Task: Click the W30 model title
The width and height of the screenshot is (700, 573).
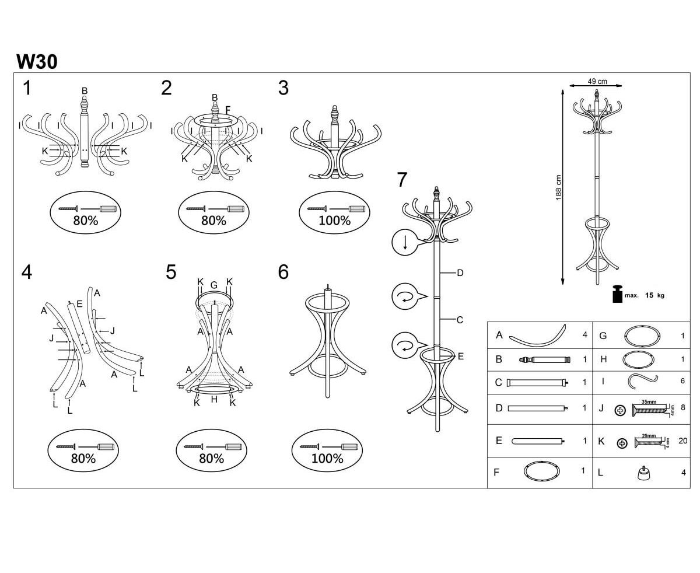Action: tap(37, 61)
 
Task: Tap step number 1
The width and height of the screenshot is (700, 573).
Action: tap(27, 88)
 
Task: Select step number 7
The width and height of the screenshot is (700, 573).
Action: tap(401, 180)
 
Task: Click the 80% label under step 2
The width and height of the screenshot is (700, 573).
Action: tap(213, 221)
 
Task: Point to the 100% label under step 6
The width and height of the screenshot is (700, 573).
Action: tap(327, 459)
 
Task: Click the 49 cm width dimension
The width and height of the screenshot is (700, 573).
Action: tap(597, 82)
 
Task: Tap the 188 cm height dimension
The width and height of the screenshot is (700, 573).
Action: tap(558, 188)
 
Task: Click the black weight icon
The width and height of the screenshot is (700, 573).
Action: tap(617, 294)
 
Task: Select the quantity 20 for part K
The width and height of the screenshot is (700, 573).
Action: tap(682, 441)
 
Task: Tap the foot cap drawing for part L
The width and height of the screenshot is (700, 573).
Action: tap(643, 474)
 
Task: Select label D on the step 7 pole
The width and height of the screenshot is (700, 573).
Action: tap(460, 272)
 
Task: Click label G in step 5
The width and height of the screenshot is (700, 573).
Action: tap(214, 285)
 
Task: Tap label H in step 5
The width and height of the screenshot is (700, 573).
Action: tap(214, 399)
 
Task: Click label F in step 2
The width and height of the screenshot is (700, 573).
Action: tap(228, 110)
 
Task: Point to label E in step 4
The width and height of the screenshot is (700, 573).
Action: tap(79, 304)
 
